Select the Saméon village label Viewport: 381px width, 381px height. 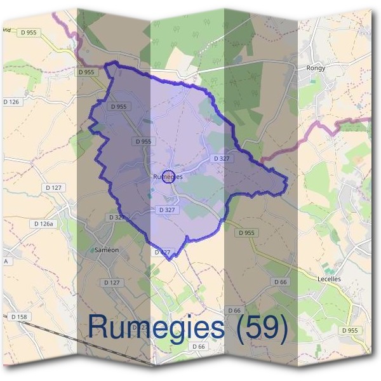106,250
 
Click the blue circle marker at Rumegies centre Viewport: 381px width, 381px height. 168,177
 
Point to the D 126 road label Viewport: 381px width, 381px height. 15,102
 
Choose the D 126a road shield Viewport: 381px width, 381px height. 44,224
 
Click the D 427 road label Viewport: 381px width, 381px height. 163,252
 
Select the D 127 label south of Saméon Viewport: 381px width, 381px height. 111,282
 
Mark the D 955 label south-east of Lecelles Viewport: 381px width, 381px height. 350,330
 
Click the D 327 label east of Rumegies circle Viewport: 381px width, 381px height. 221,158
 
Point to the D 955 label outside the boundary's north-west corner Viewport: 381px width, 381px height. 86,72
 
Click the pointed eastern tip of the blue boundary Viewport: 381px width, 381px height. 287,185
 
